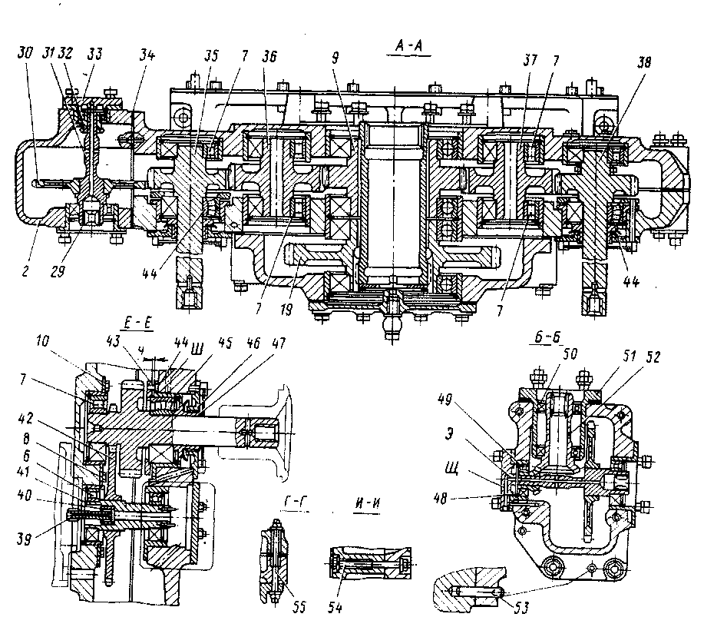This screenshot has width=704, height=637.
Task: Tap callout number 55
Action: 298,607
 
